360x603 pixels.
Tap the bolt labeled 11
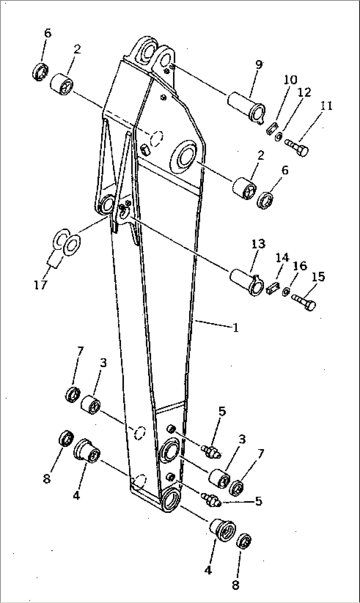pos(296,148)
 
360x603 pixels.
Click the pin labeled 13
pos(246,282)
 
